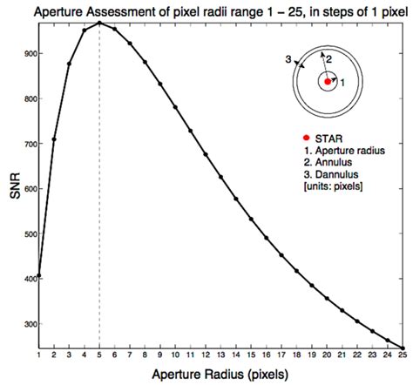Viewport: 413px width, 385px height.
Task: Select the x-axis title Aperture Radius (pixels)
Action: [x=221, y=375]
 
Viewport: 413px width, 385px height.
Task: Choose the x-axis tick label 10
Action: [x=176, y=356]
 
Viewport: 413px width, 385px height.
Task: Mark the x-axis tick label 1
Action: [x=39, y=356]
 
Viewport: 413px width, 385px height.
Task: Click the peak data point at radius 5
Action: [x=99, y=23]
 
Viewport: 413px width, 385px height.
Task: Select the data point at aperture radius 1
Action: [x=39, y=275]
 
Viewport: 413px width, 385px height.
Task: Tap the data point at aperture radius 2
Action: [x=54, y=139]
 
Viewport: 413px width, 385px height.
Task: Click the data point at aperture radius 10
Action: [x=176, y=107]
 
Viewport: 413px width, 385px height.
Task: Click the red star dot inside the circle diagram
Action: [x=328, y=81]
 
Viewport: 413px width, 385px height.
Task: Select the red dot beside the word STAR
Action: [x=306, y=138]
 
